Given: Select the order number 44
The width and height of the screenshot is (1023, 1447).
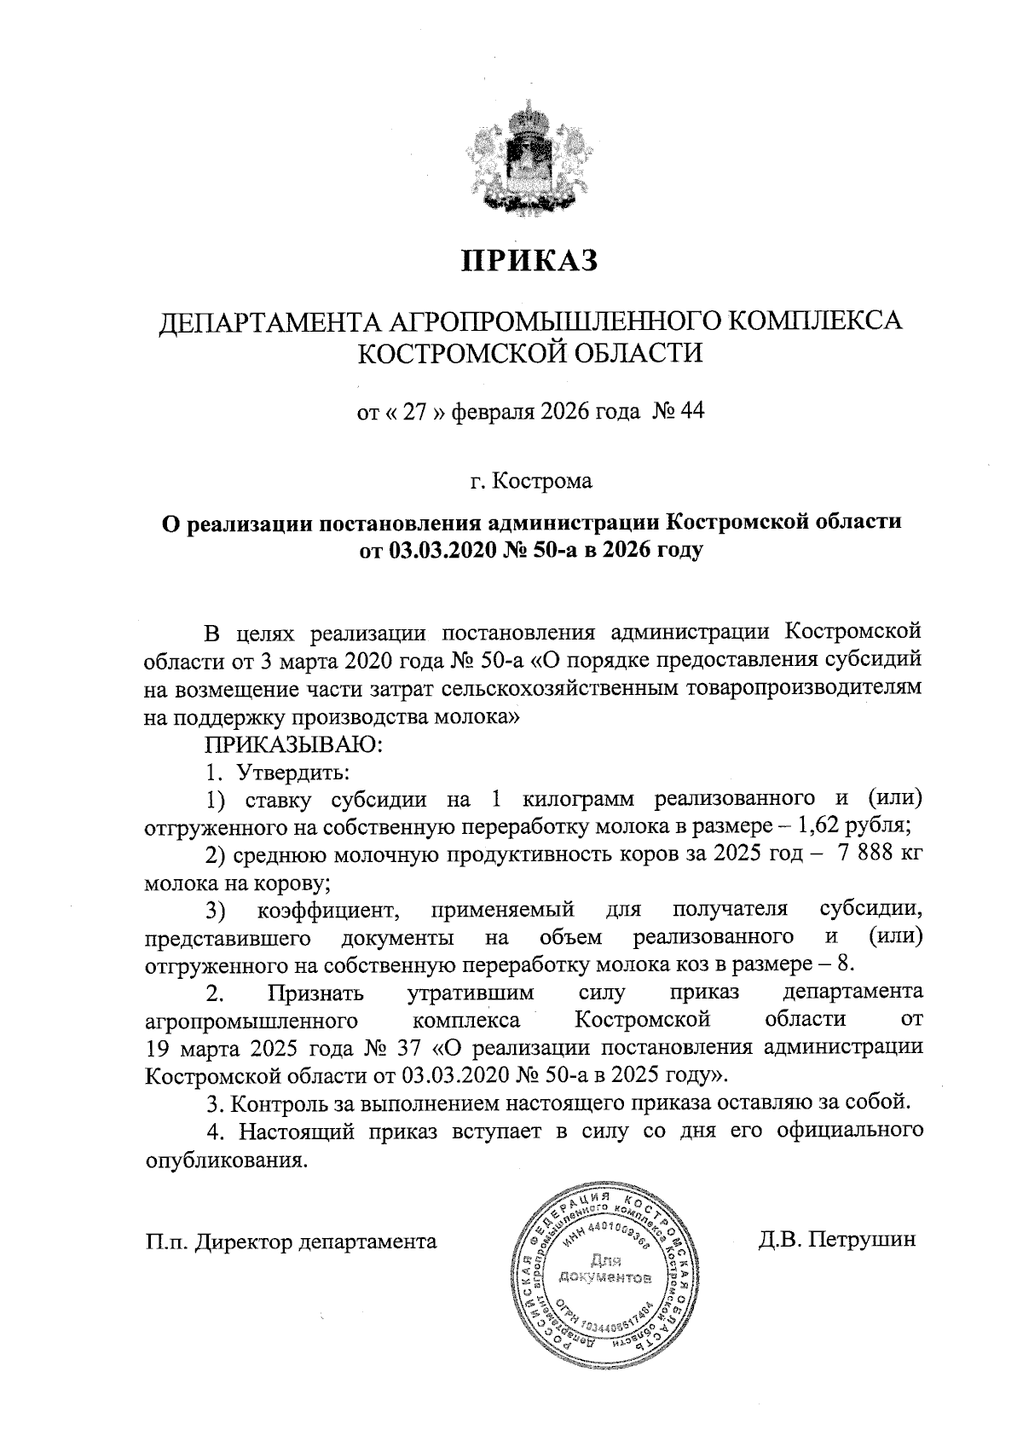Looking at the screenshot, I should coord(689,413).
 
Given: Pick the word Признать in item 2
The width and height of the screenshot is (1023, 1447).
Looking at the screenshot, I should coord(315,993).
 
